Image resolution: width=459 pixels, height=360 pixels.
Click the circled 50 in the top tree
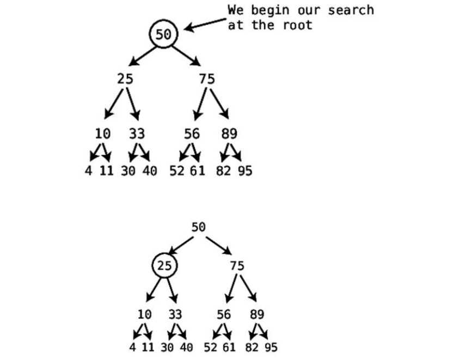click(163, 34)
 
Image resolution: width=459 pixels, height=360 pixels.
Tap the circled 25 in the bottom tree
click(164, 266)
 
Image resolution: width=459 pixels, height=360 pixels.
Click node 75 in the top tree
click(207, 79)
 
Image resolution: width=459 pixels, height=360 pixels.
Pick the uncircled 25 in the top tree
click(125, 79)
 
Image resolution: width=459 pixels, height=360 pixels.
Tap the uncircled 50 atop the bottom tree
click(198, 227)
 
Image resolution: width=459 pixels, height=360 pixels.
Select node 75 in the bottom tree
click(237, 266)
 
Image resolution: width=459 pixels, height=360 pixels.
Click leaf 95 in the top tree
click(245, 171)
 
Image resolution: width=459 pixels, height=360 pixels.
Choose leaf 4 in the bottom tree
click(132, 347)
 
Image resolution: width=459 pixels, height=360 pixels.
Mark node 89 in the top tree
click(229, 134)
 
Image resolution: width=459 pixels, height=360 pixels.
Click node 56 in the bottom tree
click(223, 315)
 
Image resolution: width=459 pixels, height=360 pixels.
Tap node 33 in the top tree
click(137, 134)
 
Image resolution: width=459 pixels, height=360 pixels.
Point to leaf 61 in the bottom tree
click(229, 347)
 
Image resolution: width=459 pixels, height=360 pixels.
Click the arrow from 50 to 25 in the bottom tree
click(181, 246)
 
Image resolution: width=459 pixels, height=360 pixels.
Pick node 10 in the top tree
click(102, 134)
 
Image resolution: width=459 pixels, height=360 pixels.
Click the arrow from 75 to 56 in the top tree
click(200, 104)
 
